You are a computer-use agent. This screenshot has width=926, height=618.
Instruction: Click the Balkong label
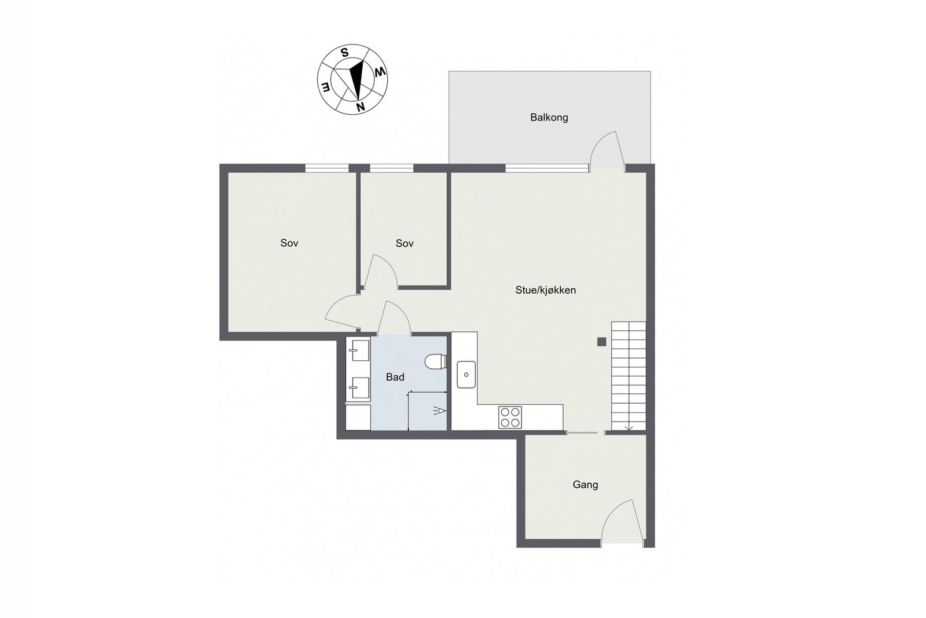549,118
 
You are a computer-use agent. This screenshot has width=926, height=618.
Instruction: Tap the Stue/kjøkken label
545,290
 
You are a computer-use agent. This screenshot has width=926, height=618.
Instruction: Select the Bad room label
395,378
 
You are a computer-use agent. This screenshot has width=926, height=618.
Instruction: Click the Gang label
585,485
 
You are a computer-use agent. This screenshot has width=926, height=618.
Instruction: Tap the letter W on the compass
380,72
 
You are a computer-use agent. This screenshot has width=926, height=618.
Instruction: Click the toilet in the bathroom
435,362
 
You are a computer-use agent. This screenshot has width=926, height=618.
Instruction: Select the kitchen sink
465,374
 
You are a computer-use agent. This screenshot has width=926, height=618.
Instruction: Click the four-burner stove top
510,417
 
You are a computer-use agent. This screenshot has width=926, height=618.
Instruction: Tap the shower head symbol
439,411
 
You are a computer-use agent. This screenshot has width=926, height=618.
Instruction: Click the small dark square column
602,342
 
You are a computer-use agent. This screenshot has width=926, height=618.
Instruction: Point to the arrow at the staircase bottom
629,428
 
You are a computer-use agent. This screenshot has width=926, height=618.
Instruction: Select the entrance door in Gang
622,521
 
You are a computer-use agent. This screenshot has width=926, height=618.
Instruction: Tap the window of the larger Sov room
327,168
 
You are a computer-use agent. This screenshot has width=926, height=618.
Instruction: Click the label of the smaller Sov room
405,244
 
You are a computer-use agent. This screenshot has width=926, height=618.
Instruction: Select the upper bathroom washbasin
358,350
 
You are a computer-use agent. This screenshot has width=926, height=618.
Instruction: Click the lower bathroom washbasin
358,387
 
